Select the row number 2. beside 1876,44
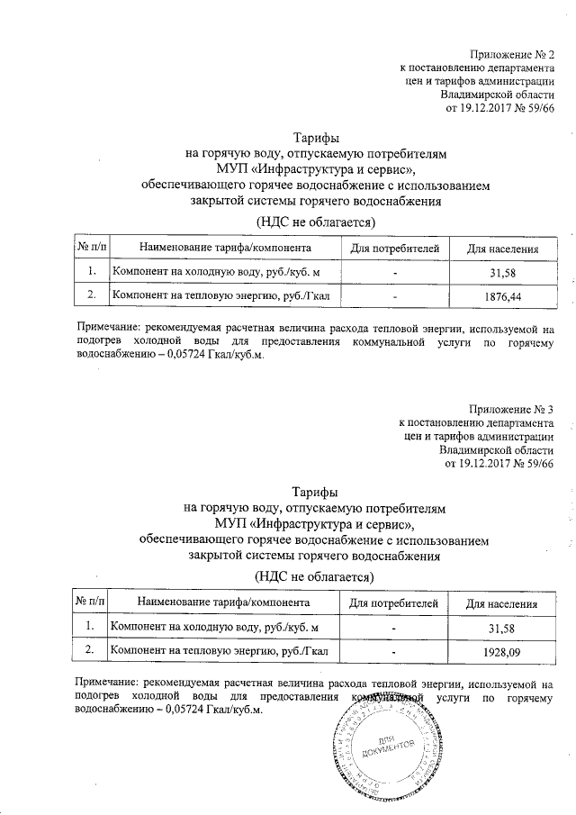[90, 294]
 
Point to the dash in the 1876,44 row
[393, 295]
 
